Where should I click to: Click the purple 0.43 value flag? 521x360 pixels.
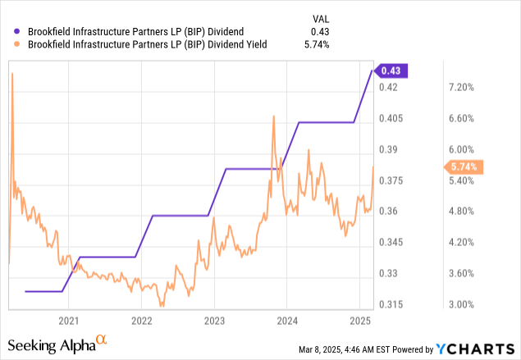pos(390,71)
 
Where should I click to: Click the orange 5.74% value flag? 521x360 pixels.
pos(465,166)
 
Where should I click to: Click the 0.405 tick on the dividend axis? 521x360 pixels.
pos(393,118)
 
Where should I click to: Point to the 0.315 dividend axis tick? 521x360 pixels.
pos(393,304)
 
